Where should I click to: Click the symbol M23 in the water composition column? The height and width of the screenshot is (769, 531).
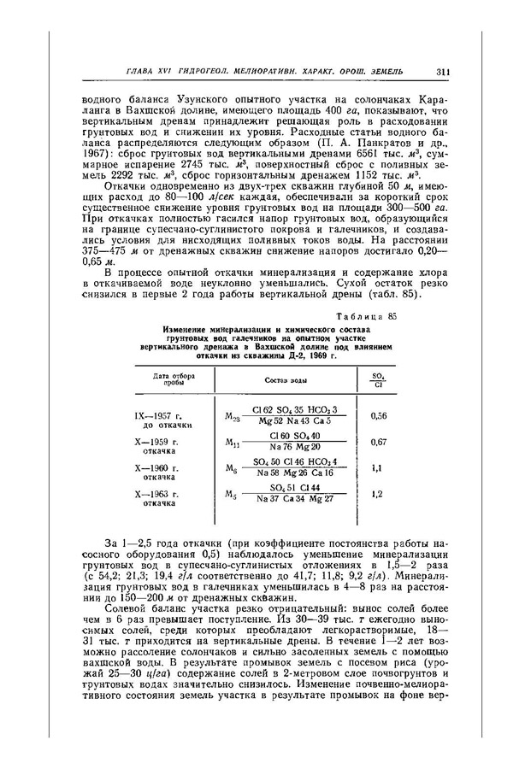233,416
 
